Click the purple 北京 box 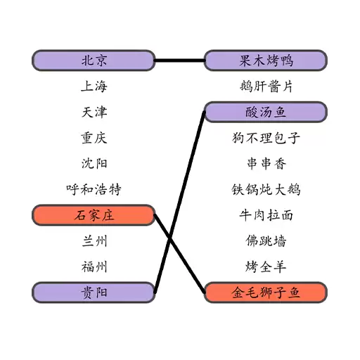(94, 60)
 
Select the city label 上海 (94, 86)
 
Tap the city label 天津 (94, 112)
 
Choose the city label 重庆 (94, 138)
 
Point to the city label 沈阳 (94, 164)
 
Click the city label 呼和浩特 (94, 189)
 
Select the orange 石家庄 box (94, 215)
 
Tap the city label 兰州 (94, 241)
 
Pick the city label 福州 (94, 266)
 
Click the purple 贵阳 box (94, 292)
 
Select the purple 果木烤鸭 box (266, 60)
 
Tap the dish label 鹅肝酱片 (266, 86)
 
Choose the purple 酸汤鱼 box (266, 112)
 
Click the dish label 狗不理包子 (266, 138)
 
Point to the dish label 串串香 (266, 164)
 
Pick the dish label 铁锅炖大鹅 (266, 189)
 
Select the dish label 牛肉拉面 (266, 215)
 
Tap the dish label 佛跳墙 (266, 241)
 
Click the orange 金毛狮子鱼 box (266, 292)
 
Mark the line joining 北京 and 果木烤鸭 (179, 60)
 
